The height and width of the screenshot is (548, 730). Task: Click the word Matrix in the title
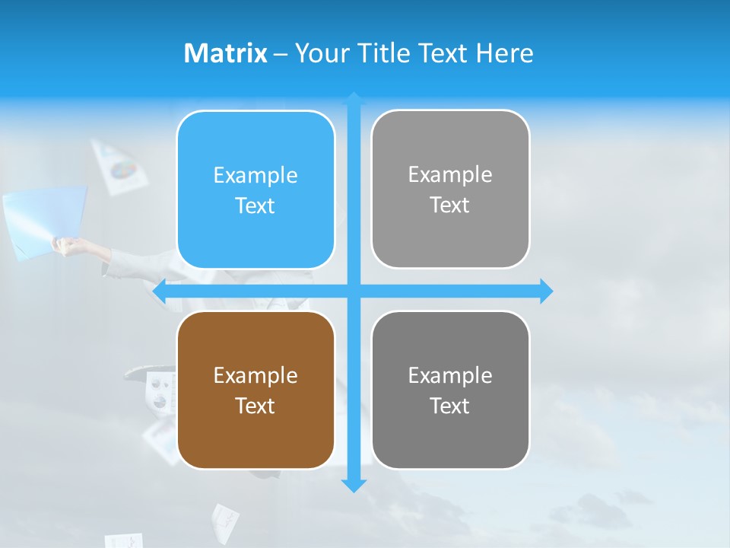point(225,53)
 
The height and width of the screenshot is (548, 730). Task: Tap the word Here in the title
point(504,53)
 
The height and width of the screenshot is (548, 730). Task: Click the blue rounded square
point(255,190)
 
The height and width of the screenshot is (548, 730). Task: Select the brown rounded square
point(255,390)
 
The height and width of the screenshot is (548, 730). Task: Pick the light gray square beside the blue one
point(450,190)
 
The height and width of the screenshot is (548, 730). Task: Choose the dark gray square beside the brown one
point(450,390)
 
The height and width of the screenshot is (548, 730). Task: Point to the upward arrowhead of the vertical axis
point(354,98)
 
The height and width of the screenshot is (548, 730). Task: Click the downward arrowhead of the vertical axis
point(354,486)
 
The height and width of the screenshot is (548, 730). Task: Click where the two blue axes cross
point(354,291)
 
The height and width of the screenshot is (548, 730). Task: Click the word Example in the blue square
point(255,176)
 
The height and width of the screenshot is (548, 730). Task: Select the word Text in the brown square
point(255,406)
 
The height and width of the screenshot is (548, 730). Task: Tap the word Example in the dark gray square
point(450,375)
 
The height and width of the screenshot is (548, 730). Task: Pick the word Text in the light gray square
point(450,205)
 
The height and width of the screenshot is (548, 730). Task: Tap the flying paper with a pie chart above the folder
point(119,165)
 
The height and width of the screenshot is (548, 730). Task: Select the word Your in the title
point(319,53)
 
